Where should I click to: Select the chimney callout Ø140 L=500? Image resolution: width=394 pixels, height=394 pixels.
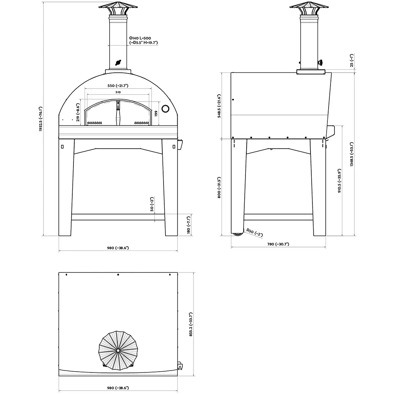click(140, 38)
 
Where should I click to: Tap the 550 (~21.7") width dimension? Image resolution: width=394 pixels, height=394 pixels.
click(118, 85)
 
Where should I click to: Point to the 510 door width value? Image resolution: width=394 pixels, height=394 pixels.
click(118, 92)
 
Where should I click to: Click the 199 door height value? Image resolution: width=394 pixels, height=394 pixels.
click(156, 113)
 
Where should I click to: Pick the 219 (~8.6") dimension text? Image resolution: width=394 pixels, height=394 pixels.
click(78, 112)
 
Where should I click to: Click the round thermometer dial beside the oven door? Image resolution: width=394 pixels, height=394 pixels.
click(165, 109)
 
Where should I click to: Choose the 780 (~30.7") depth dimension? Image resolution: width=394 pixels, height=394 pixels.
click(278, 244)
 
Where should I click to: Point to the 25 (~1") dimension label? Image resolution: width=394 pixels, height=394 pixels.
click(352, 62)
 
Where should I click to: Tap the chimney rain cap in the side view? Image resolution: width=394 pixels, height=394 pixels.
click(309, 6)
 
